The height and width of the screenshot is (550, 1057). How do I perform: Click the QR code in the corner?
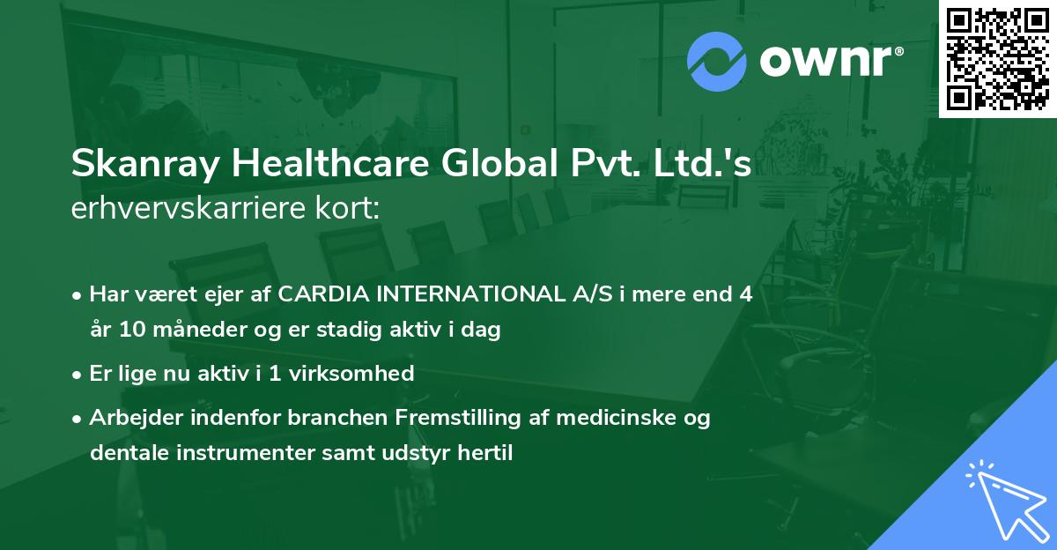click(998, 58)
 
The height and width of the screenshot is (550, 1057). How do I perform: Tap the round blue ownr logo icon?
click(716, 61)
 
